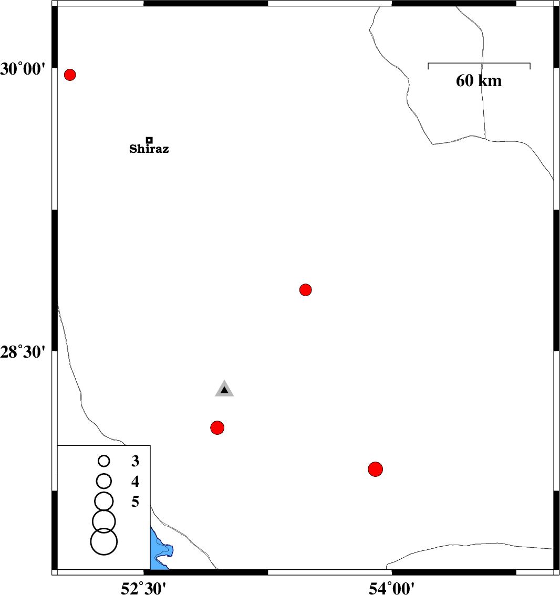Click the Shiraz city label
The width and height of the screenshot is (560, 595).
pos(149,149)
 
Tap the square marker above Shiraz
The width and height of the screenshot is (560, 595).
pos(149,140)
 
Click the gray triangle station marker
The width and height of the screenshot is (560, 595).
pos(224,389)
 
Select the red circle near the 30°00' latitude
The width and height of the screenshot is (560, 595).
pos(70,75)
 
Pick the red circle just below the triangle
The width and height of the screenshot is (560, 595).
pos(217,427)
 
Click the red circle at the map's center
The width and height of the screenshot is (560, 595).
pos(306,290)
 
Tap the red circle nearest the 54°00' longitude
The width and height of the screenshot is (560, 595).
pos(376,469)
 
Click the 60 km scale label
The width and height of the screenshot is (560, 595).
pos(479,81)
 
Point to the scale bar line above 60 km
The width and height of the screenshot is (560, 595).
pos(479,63)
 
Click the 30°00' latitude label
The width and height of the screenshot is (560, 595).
pos(23,69)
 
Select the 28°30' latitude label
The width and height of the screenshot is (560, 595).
pos(23,352)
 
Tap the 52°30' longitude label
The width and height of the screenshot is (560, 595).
pos(143,588)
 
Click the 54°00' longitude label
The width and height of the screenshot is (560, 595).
pos(392,588)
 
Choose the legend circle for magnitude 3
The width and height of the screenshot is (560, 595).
pos(103,461)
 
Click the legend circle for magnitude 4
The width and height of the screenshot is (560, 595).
pos(103,481)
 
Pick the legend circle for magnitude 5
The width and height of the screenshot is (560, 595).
pos(103,502)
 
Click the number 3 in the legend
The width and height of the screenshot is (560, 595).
pos(135,461)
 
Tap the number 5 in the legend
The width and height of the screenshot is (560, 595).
pos(135,502)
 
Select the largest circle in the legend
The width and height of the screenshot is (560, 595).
pos(103,541)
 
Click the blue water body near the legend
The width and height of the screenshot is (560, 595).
pos(160,550)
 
